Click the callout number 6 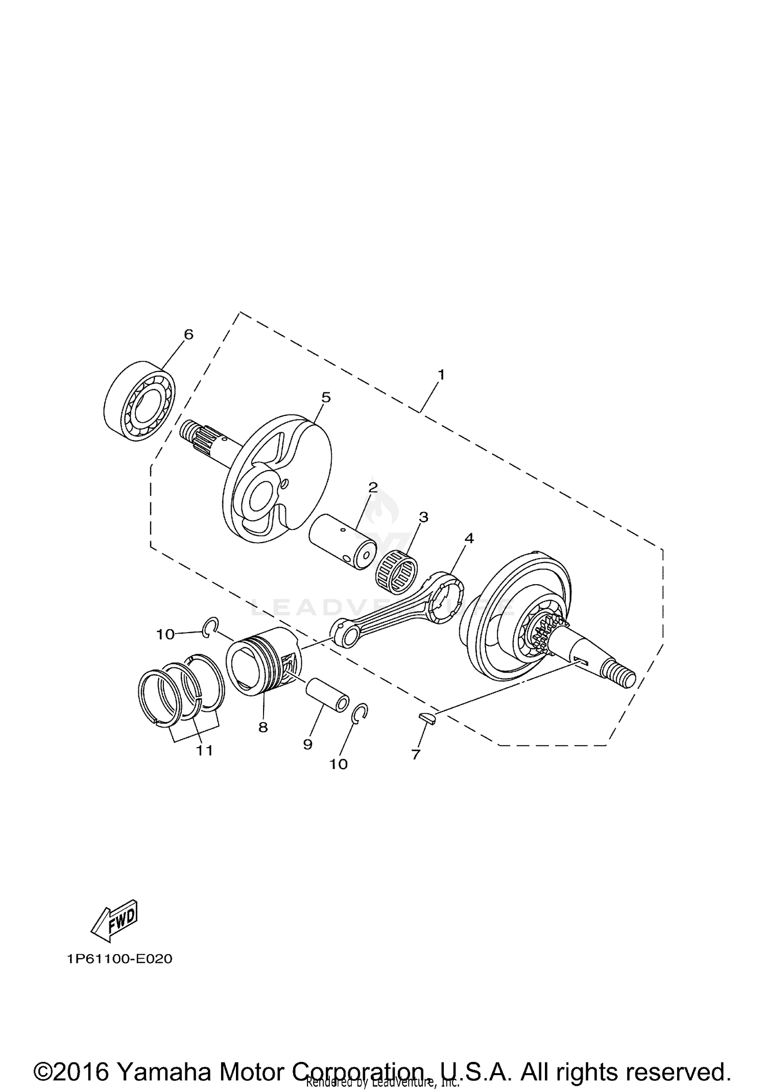tap(188, 335)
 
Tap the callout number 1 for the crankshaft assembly tap(441, 375)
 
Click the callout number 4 tap(469, 538)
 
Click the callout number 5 tap(326, 397)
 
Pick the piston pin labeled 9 tap(327, 694)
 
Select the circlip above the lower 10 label tap(361, 713)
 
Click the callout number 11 tap(205, 751)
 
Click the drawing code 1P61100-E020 tap(119, 959)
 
